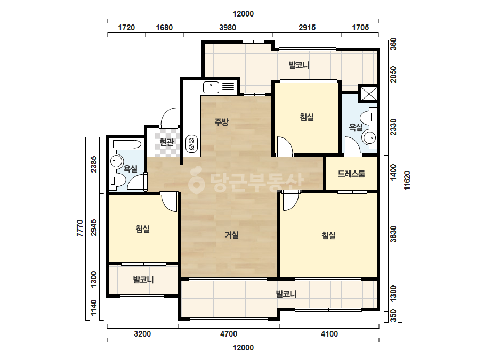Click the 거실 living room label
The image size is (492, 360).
point(232,234)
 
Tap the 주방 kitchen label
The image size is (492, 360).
point(222,121)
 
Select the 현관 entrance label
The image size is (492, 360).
point(167,142)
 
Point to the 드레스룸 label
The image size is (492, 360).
point(351,174)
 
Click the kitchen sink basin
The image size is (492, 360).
point(211,87)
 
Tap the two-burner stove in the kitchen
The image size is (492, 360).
point(191,144)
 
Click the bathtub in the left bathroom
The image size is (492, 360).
point(127,144)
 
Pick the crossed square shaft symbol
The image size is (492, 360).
point(368,93)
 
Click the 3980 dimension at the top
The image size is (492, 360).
point(228,28)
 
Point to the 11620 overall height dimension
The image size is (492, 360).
point(407,180)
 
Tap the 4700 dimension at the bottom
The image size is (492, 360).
point(229,334)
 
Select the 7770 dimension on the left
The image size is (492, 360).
point(80,228)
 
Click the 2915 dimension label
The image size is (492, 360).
point(307,28)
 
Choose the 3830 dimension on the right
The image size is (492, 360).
point(393,234)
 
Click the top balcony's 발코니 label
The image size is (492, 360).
point(299,65)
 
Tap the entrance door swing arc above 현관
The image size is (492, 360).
point(169,115)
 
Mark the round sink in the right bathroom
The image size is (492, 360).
point(369,138)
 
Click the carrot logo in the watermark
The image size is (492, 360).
point(196,180)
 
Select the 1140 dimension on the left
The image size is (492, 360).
point(93,308)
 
